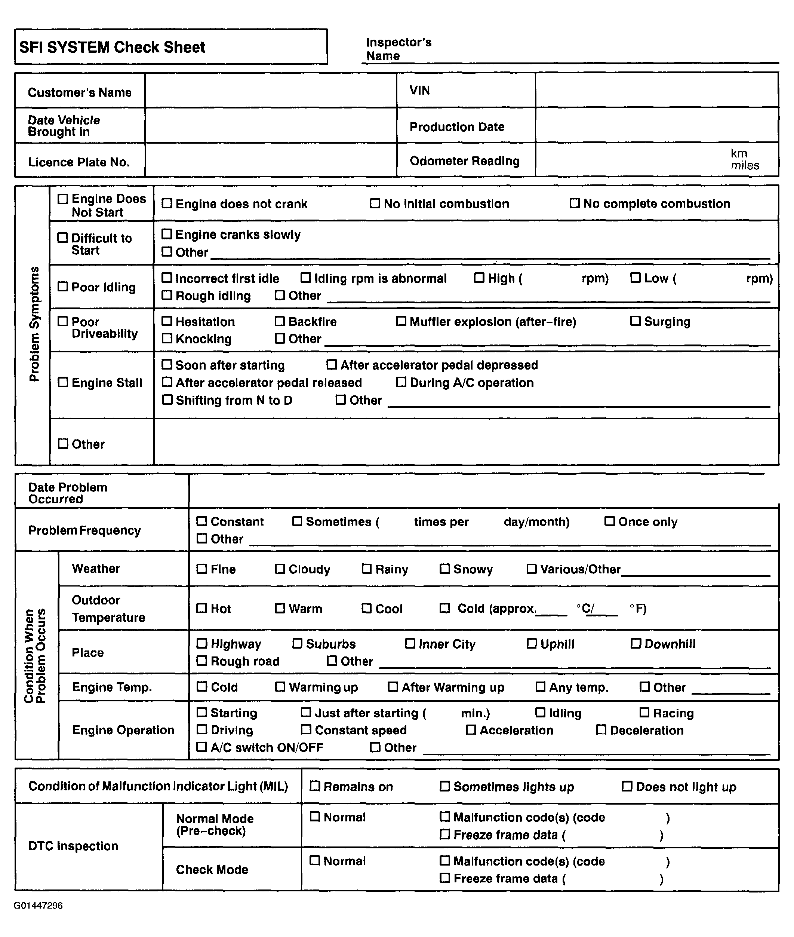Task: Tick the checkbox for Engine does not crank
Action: pyautogui.click(x=167, y=203)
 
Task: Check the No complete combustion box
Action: pyautogui.click(x=574, y=203)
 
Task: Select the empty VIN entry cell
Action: pyautogui.click(x=656, y=91)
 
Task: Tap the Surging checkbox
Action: pyautogui.click(x=635, y=321)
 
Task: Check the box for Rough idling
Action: pyautogui.click(x=167, y=296)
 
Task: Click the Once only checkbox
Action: pyautogui.click(x=609, y=521)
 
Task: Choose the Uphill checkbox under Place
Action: pyautogui.click(x=532, y=643)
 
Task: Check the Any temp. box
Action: pyautogui.click(x=540, y=687)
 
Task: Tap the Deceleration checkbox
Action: pyautogui.click(x=601, y=729)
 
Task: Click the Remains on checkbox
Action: pyautogui.click(x=315, y=786)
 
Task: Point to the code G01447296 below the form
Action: pyautogui.click(x=38, y=906)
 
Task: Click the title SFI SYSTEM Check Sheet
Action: pyautogui.click(x=112, y=47)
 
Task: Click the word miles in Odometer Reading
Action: pyautogui.click(x=745, y=165)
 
